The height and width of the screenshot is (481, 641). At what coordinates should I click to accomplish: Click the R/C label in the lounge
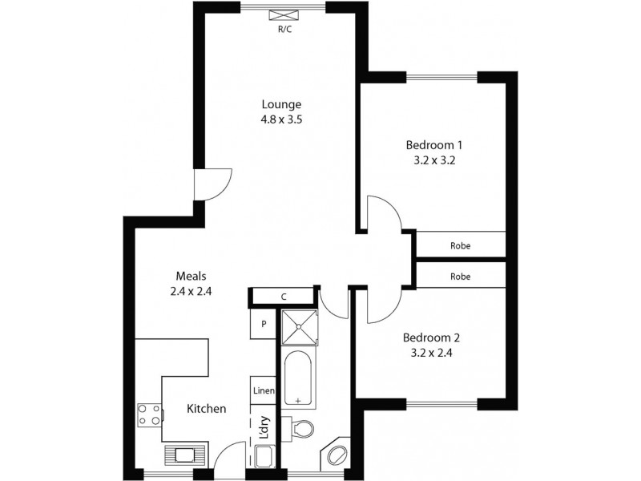284,30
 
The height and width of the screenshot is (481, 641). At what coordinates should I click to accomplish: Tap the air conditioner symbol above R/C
284,16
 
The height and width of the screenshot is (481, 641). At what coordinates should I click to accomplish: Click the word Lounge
281,103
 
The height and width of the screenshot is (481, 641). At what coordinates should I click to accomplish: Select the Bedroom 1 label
435,145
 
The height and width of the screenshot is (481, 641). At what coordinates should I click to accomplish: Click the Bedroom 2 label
431,338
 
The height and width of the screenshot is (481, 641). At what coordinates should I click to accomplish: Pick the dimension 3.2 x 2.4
431,352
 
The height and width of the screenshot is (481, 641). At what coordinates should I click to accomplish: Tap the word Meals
190,277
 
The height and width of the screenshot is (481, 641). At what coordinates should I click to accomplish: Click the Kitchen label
206,409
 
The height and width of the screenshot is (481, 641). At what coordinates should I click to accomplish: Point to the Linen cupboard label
264,391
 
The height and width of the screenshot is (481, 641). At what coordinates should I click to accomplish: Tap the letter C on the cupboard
284,297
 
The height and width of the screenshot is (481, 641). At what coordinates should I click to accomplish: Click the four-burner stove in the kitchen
149,414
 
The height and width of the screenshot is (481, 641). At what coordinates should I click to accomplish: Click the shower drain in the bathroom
298,326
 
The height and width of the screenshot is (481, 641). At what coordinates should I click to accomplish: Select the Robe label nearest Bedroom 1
460,246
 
